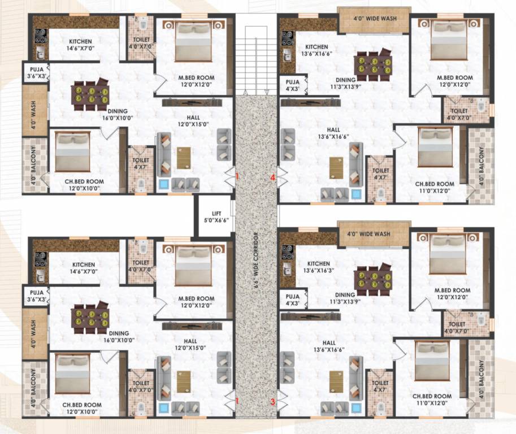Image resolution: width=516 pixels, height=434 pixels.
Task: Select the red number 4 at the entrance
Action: (272, 177)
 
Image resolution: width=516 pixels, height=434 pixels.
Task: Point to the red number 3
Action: (272, 402)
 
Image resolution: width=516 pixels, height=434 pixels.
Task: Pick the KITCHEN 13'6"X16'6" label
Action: (316, 50)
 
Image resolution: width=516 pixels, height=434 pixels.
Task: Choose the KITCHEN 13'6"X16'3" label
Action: (318, 267)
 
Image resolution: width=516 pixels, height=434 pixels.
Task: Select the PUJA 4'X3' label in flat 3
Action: (292, 300)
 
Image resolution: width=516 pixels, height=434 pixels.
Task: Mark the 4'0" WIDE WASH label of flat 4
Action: (374, 19)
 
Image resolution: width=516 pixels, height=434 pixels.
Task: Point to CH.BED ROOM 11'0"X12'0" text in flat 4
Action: (434, 188)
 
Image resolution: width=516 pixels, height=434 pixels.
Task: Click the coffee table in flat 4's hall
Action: (337, 167)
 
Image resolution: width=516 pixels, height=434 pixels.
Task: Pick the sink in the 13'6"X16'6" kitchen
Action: (287, 55)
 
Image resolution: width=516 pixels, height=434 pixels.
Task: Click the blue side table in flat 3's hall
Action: (356, 407)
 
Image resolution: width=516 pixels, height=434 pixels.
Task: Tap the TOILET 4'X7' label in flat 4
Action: (381, 173)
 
